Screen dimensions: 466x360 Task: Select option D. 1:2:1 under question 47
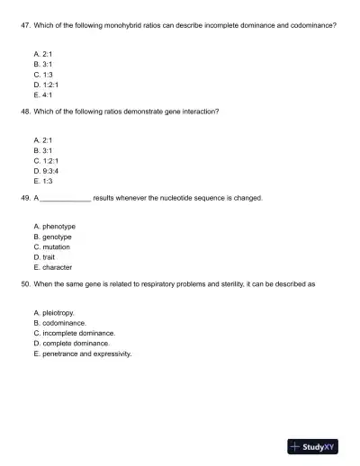click(45, 85)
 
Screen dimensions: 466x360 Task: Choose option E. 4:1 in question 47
click(42, 94)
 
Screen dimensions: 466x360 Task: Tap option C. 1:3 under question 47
click(42, 75)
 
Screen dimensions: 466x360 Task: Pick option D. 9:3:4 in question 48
click(45, 170)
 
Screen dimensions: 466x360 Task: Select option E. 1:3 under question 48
click(42, 180)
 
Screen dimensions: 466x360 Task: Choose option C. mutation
click(51, 246)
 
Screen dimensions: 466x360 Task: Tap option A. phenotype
click(54, 227)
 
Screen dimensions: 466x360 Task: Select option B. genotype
click(52, 237)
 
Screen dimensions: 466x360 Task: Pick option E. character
click(52, 266)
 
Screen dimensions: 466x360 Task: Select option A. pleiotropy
click(54, 312)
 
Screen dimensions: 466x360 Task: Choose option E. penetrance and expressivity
click(82, 354)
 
